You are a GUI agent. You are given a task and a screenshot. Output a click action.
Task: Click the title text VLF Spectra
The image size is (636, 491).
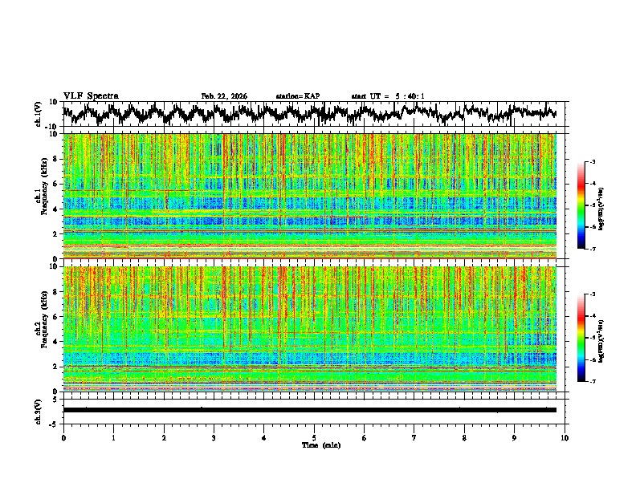pos(91,95)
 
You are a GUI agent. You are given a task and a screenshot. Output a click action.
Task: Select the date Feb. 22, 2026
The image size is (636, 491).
pos(224,96)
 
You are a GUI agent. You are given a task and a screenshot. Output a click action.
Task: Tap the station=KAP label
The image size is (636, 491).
pos(297,96)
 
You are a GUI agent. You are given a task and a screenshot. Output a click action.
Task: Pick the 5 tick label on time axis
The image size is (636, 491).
pos(314,437)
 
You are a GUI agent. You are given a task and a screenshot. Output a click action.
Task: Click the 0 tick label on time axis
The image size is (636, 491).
pos(63,437)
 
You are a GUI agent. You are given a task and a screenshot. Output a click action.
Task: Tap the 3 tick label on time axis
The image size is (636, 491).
pos(214,437)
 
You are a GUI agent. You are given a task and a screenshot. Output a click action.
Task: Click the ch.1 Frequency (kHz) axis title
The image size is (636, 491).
pos(42,196)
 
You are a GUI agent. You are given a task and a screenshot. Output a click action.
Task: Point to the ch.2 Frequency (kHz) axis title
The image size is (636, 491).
pos(42,329)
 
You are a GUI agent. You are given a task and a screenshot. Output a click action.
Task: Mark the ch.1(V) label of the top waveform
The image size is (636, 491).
pos(39,114)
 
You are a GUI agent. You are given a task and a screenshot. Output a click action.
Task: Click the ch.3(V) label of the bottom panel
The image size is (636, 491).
pos(39,410)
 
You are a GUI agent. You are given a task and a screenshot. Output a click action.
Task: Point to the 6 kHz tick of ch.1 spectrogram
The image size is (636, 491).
pos(56,184)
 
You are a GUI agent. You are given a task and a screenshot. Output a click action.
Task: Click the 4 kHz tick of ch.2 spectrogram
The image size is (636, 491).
pos(56,342)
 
